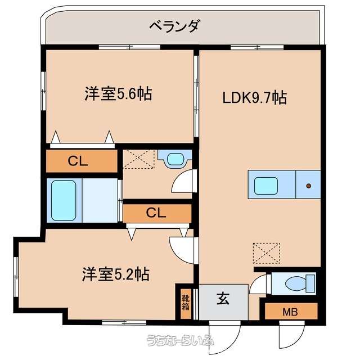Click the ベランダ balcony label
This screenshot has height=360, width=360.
(x=174, y=26)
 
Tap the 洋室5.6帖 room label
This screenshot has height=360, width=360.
(x=118, y=93)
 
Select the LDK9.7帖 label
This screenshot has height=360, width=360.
(x=255, y=97)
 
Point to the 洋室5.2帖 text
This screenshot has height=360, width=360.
(x=116, y=274)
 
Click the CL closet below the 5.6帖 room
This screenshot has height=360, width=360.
(x=82, y=161)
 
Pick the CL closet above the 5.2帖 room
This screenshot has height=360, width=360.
(x=157, y=213)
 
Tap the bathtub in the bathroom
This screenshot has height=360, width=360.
(x=64, y=200)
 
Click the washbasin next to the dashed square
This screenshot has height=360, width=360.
(x=175, y=159)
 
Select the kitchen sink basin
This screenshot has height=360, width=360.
(x=266, y=186)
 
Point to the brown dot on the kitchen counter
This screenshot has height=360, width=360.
(x=309, y=186)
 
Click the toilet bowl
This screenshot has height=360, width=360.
(x=296, y=283)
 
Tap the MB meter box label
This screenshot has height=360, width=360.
(x=290, y=312)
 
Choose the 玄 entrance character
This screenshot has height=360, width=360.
(x=223, y=298)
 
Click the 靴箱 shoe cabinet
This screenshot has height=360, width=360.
(x=186, y=303)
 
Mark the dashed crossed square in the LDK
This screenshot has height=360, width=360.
(x=266, y=253)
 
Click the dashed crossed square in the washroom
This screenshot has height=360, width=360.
(x=139, y=159)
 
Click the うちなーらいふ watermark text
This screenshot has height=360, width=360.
(x=180, y=340)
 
